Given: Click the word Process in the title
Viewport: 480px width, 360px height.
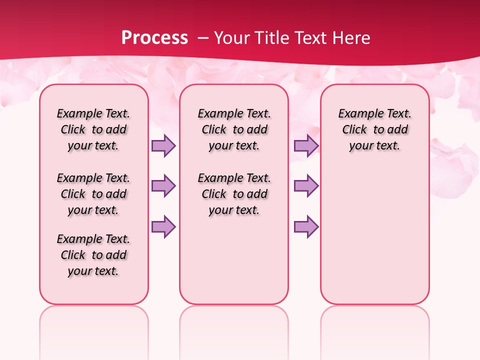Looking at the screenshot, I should click(154, 37).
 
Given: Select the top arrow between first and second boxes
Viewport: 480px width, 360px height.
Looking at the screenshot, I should click(163, 146).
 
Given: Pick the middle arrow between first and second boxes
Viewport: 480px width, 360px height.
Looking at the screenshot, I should click(163, 186).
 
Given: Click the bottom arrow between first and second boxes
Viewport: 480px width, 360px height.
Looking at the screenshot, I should click(163, 226).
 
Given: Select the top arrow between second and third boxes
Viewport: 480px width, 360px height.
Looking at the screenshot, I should click(306, 146).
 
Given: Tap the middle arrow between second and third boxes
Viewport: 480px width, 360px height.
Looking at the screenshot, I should click(306, 186).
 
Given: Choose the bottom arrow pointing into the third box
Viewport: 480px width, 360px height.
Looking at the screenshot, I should click(306, 226).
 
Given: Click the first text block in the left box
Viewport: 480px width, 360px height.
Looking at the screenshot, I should click(93, 129).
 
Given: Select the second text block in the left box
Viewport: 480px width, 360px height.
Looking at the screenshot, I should click(93, 194).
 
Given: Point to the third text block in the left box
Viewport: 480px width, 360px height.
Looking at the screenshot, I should click(93, 255).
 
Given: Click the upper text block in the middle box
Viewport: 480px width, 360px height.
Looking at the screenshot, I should click(234, 129).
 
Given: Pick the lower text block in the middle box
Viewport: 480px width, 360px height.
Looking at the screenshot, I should click(234, 194).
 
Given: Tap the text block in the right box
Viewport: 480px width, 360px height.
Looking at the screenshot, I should click(375, 129).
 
